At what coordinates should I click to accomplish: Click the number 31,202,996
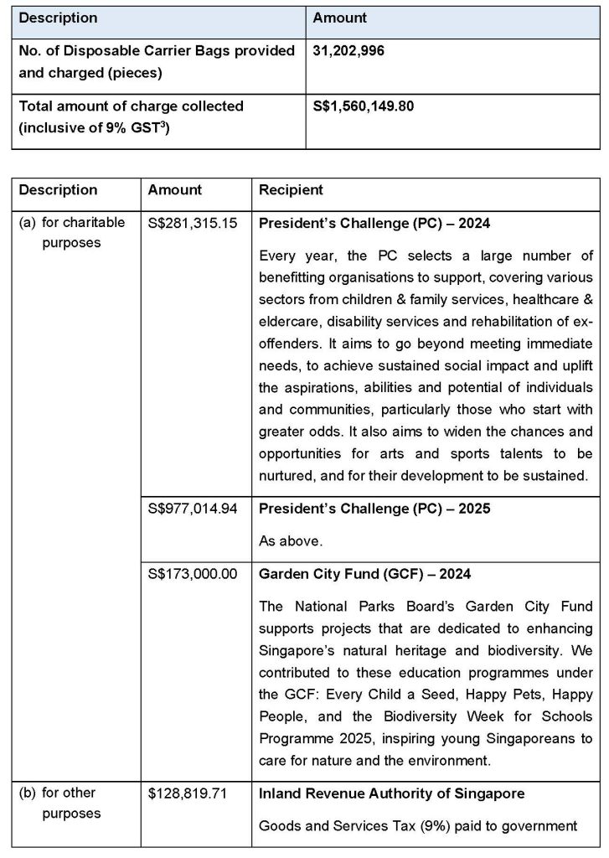[x=348, y=50]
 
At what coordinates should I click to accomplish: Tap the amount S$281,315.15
[x=189, y=224]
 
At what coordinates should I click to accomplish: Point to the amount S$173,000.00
[x=189, y=574]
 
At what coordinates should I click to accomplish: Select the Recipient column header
[x=291, y=190]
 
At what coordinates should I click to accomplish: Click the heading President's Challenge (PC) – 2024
[x=374, y=224]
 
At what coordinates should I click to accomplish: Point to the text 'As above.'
[x=290, y=541]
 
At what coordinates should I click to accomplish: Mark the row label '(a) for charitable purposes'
[x=71, y=233]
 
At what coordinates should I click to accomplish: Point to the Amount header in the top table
[x=339, y=18]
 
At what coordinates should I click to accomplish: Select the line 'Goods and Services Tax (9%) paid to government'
[x=418, y=826]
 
